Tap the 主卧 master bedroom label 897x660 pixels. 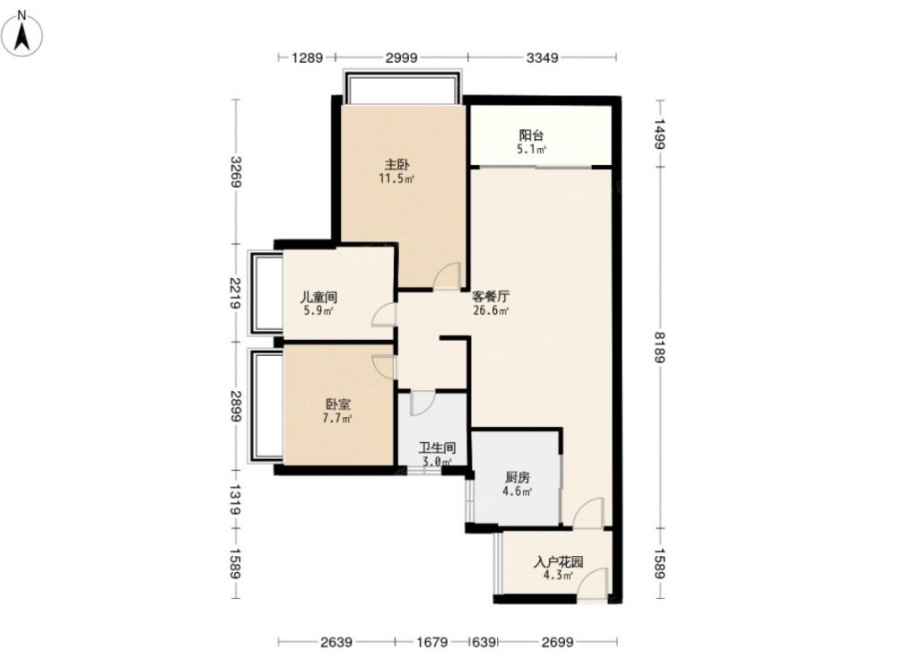(x=396, y=165)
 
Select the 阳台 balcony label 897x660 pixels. (x=531, y=135)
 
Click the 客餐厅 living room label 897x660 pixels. (x=491, y=298)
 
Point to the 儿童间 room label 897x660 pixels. (x=318, y=298)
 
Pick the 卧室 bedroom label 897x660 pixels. (x=337, y=404)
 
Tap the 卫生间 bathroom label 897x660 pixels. (x=437, y=447)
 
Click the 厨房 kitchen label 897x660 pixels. (x=518, y=477)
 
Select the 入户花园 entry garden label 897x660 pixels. (x=558, y=562)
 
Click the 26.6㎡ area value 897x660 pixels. (x=491, y=311)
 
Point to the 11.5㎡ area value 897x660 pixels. (x=396, y=178)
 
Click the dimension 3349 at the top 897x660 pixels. (x=542, y=57)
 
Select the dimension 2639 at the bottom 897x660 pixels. (x=335, y=642)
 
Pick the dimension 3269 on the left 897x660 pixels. (x=235, y=171)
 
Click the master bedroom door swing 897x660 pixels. (x=448, y=274)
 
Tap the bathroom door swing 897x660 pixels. (x=423, y=404)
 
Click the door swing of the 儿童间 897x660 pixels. (x=384, y=315)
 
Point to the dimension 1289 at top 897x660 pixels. (x=307, y=57)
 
